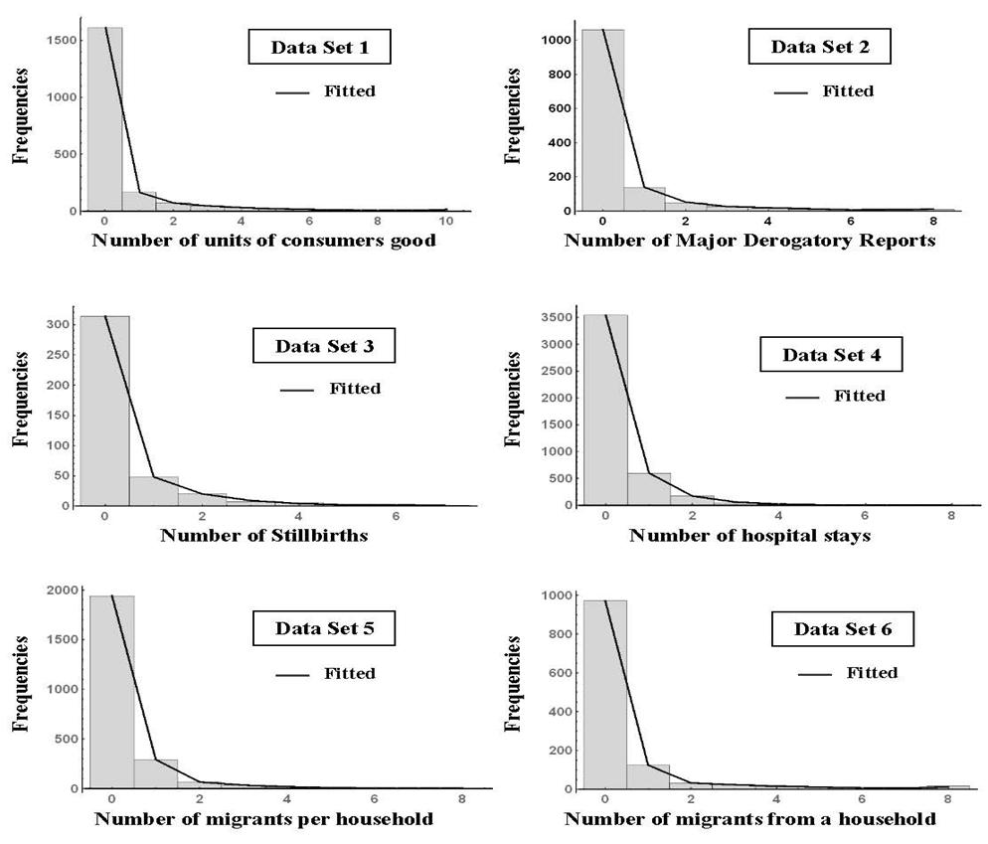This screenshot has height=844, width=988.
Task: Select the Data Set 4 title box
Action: pyautogui.click(x=830, y=355)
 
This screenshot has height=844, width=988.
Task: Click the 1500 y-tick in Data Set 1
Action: pyautogui.click(x=57, y=40)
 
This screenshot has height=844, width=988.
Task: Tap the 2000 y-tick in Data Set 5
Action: pyautogui.click(x=57, y=590)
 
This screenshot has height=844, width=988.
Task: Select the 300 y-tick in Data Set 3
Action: pyautogui.click(x=62, y=325)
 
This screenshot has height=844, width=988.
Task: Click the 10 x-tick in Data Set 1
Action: pyautogui.click(x=447, y=220)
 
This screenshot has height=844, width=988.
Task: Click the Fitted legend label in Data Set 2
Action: pyautogui.click(x=848, y=91)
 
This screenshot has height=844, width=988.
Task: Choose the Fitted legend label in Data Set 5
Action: pyautogui.click(x=350, y=674)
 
